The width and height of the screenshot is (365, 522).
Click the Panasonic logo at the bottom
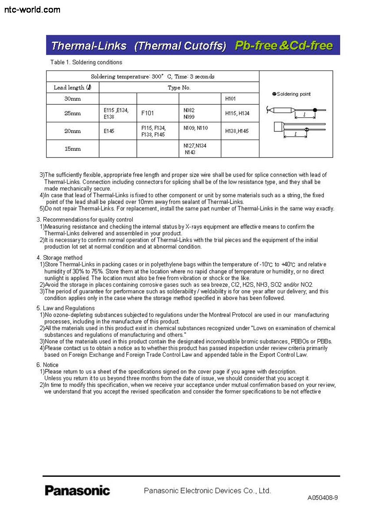point(77,490)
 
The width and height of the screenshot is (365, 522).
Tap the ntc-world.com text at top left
point(32,9)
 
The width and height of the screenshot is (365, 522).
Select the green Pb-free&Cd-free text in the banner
point(284,46)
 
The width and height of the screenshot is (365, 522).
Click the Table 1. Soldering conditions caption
point(86,62)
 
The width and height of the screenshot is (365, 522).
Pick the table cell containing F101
point(148,113)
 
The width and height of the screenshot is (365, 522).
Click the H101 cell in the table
point(230,99)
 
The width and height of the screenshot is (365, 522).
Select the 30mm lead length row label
point(73,99)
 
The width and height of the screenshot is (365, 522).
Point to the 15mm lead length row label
point(73,149)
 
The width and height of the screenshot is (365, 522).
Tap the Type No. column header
point(179,87)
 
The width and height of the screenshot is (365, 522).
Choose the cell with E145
point(109,131)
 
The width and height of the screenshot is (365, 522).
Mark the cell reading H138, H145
point(237,131)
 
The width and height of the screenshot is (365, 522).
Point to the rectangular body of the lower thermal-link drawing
point(279,128)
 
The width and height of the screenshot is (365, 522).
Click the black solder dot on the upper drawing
point(315,110)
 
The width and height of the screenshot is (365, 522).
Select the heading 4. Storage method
point(60,258)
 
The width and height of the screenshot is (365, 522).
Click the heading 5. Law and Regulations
point(66,308)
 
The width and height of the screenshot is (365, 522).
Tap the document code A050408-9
point(322,498)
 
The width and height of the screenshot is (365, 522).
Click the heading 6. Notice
point(47,365)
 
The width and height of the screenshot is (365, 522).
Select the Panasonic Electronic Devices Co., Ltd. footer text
point(207,491)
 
